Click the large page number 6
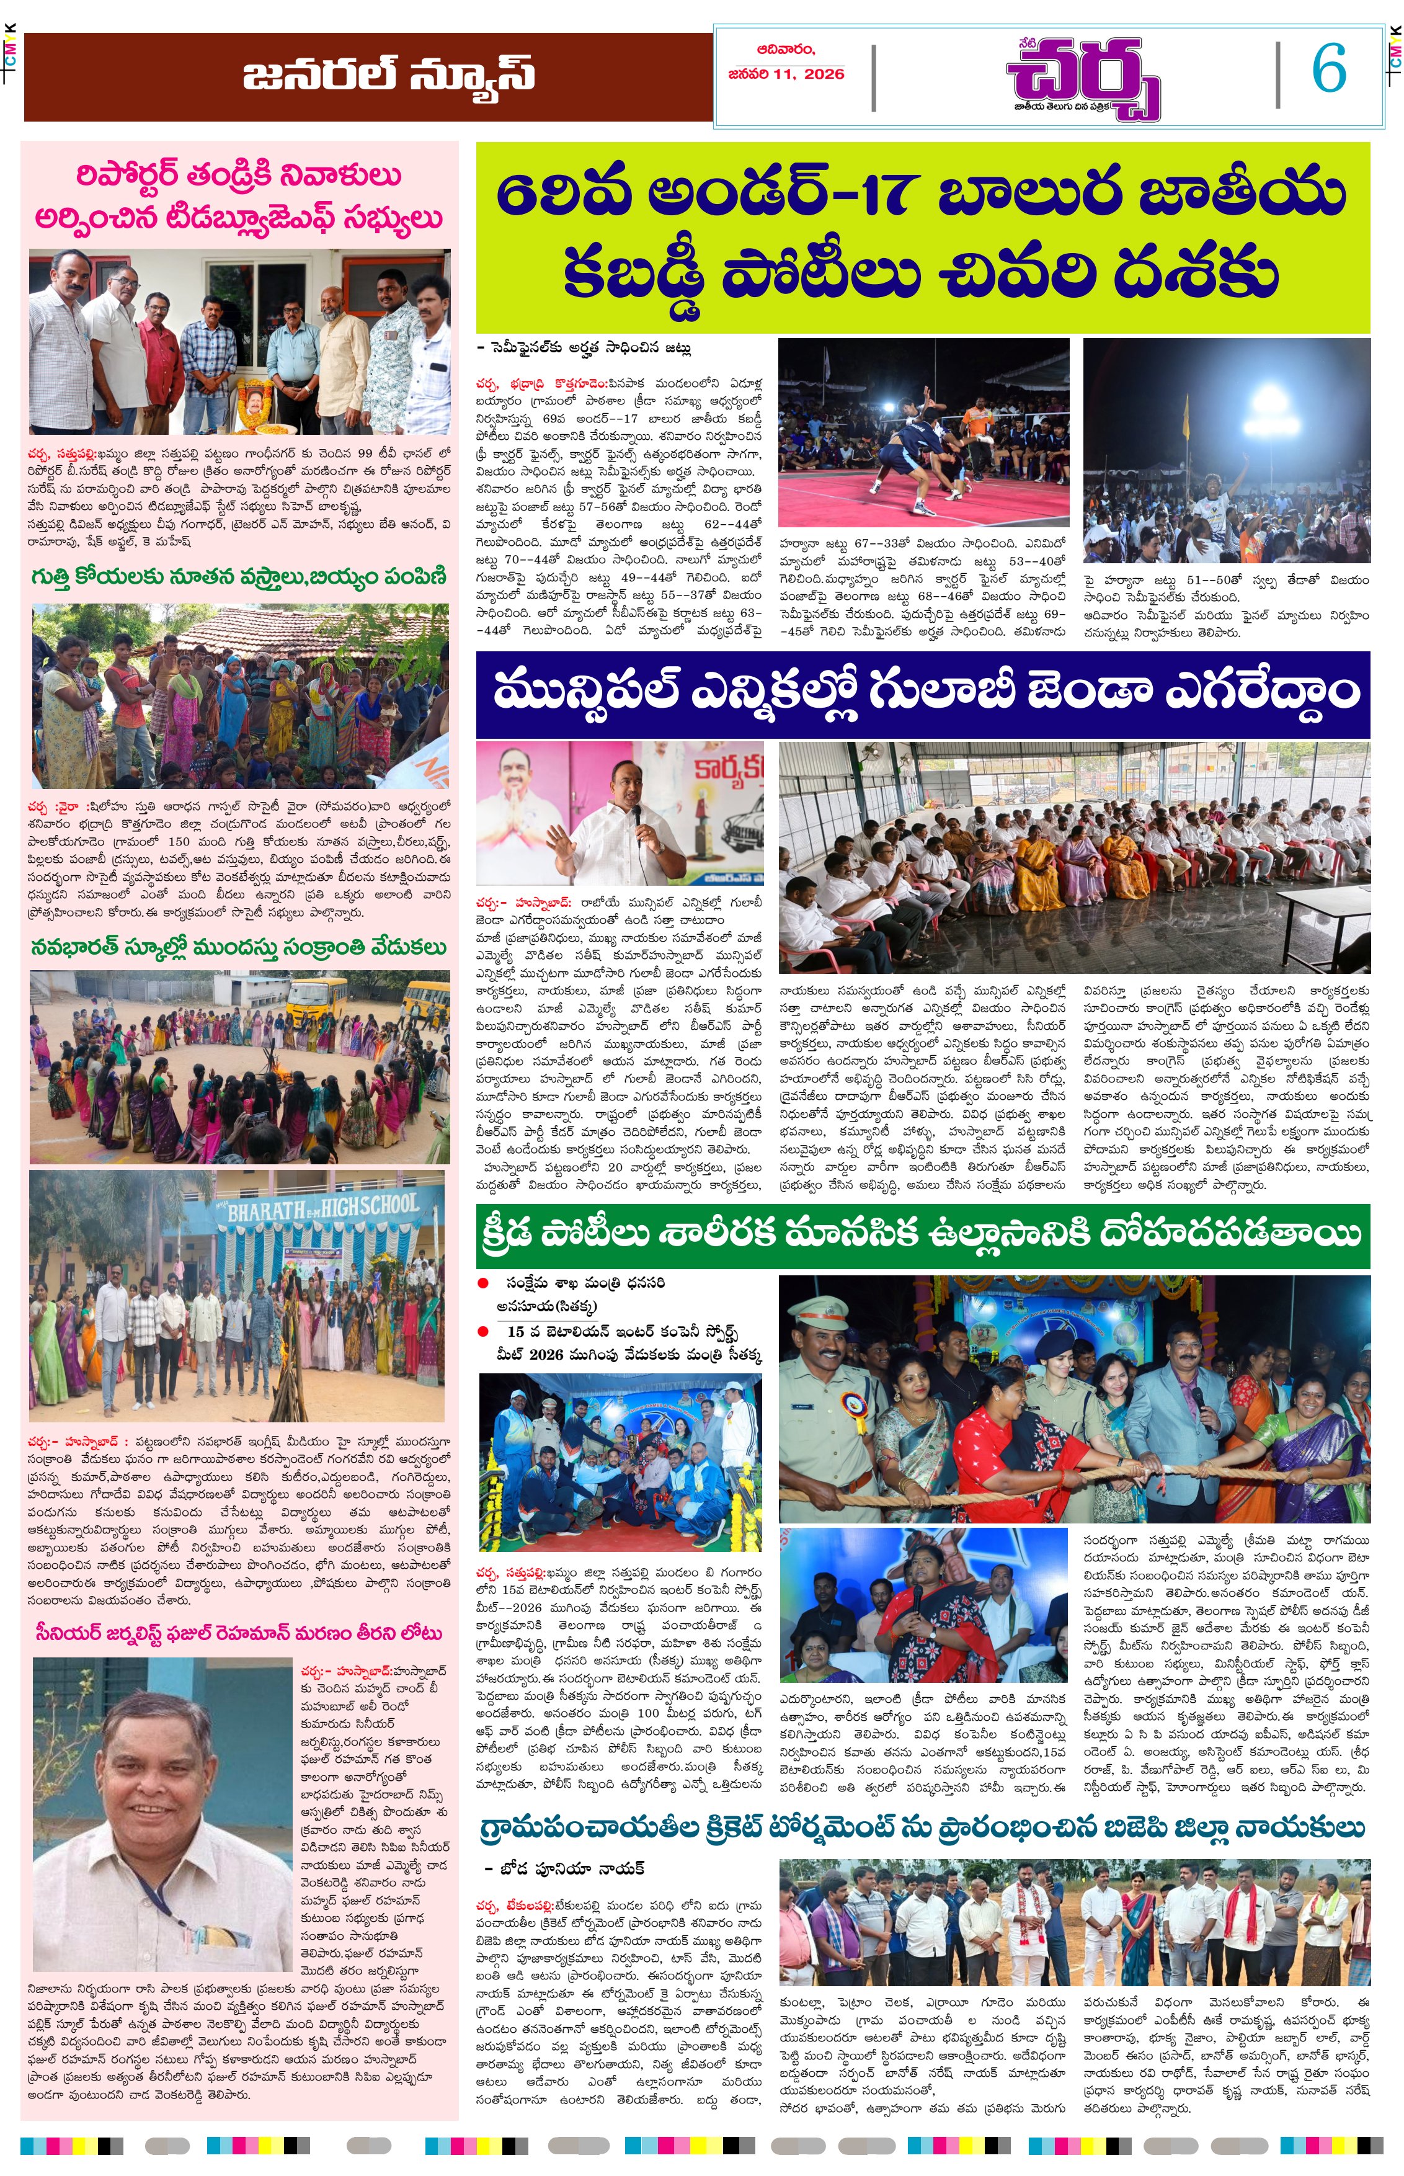pyautogui.click(x=1328, y=69)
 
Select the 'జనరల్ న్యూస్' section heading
pyautogui.click(x=388, y=76)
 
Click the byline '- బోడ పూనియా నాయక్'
pyautogui.click(x=565, y=1868)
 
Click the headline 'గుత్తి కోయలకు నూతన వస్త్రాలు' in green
pyautogui.click(x=239, y=577)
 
